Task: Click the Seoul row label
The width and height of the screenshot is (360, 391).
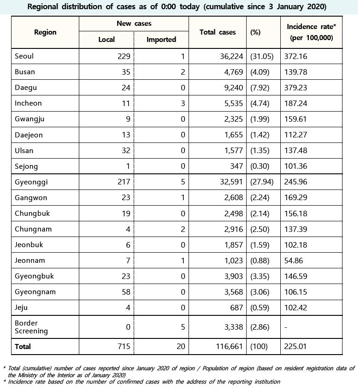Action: point(25,56)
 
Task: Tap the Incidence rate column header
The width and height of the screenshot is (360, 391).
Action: point(312,32)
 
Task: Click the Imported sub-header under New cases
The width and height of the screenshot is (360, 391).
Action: point(161,40)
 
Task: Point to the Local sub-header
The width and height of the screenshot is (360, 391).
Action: point(106,40)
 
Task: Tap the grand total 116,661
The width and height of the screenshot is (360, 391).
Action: point(226,346)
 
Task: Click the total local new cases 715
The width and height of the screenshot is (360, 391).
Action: point(124,346)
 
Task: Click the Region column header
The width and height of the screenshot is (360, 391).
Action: point(45,32)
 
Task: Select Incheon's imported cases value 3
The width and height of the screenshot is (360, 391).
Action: point(183,103)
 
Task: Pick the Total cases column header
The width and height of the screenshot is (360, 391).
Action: point(218,32)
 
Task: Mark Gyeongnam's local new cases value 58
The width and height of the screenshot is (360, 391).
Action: point(125,292)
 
